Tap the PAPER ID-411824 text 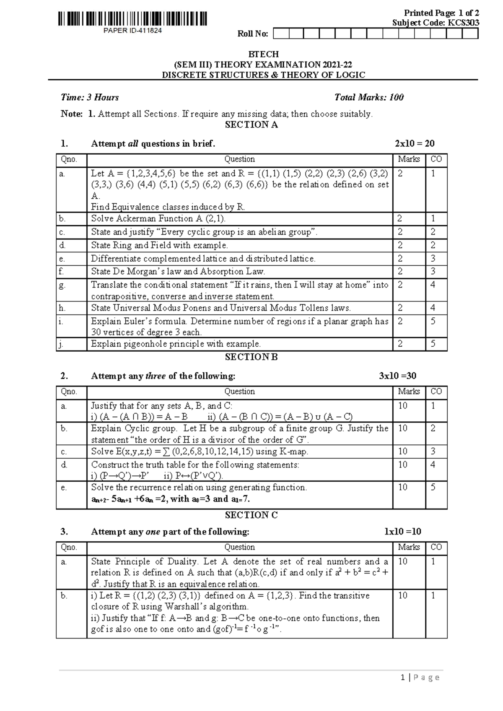pos(132,31)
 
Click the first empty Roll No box pos(281,34)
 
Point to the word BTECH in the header pos(263,54)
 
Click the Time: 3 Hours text pos(90,97)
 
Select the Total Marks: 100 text pos(369,97)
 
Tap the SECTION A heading pos(251,125)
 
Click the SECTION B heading pos(251,357)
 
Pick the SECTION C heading pos(251,515)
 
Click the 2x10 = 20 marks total pos(415,144)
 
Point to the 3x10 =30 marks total pos(397,376)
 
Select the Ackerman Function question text pos(158,218)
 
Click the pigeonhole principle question pos(176,344)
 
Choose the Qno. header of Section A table pos(69,159)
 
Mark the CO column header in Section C pos(436,547)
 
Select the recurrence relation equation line pos(171,499)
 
